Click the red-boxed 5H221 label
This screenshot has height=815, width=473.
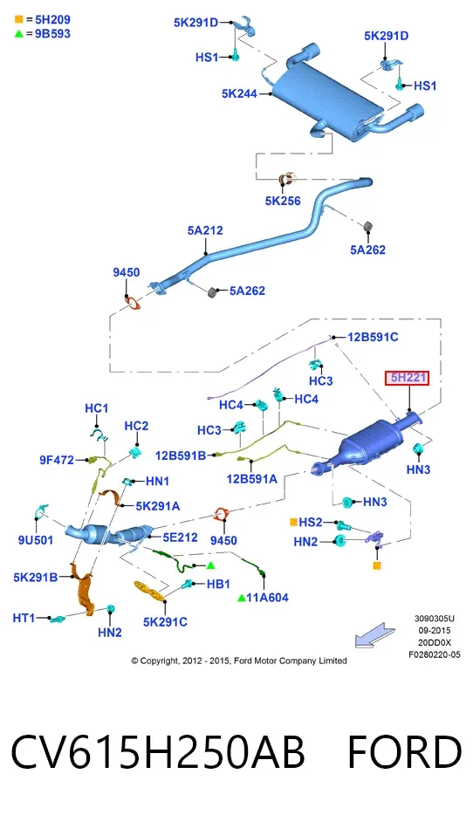click(407, 378)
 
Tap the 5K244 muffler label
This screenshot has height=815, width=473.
click(240, 93)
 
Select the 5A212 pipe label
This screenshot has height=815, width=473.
click(205, 230)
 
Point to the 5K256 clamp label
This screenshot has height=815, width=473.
click(283, 201)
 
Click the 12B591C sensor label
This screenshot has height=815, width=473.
click(373, 337)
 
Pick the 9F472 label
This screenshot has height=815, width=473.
click(57, 460)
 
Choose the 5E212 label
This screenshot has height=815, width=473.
click(180, 537)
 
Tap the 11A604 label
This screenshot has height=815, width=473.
click(267, 597)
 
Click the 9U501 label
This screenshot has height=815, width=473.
click(36, 540)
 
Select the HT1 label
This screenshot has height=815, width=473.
click(24, 618)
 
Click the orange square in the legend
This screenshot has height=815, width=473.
click(19, 20)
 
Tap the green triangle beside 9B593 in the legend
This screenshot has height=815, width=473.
click(19, 34)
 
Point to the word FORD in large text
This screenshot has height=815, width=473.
click(404, 751)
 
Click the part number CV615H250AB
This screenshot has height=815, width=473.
click(157, 751)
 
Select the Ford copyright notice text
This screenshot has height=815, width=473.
click(238, 661)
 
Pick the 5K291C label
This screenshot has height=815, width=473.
click(165, 621)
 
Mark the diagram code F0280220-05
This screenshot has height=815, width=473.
click(434, 654)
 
